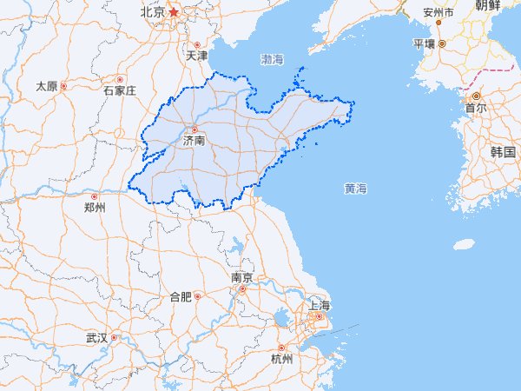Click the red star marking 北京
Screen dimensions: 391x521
pos(174,12)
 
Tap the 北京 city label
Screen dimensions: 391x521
pos(152,13)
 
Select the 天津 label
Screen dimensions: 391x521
pos(197,56)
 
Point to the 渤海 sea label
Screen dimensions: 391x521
pos(272,60)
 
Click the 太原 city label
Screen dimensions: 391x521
pos(46,87)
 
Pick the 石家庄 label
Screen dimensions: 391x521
pos(120,90)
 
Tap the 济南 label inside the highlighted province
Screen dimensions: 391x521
pos(195,140)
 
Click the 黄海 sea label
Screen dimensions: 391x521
pos(355,189)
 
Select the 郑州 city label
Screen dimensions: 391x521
pos(95,209)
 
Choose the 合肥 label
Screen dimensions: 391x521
pos(180,297)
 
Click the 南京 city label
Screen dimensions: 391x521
pos(242,279)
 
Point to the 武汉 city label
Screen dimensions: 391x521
pos(96,338)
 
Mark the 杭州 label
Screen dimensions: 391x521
pos(282,360)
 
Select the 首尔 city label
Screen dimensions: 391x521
pos(476,109)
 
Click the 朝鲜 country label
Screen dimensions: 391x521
pos(488,6)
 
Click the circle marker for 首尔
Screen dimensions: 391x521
pos(476,96)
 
